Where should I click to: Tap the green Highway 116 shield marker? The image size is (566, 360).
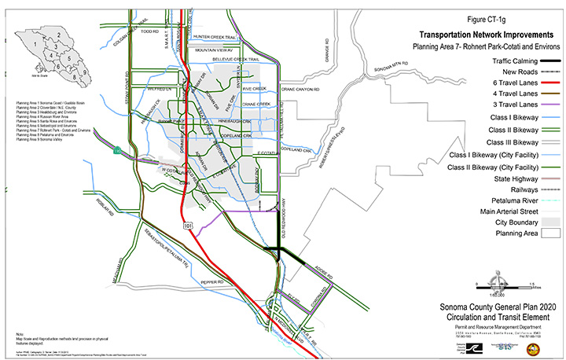point(117,150)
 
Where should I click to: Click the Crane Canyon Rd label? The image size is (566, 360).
point(301,90)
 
